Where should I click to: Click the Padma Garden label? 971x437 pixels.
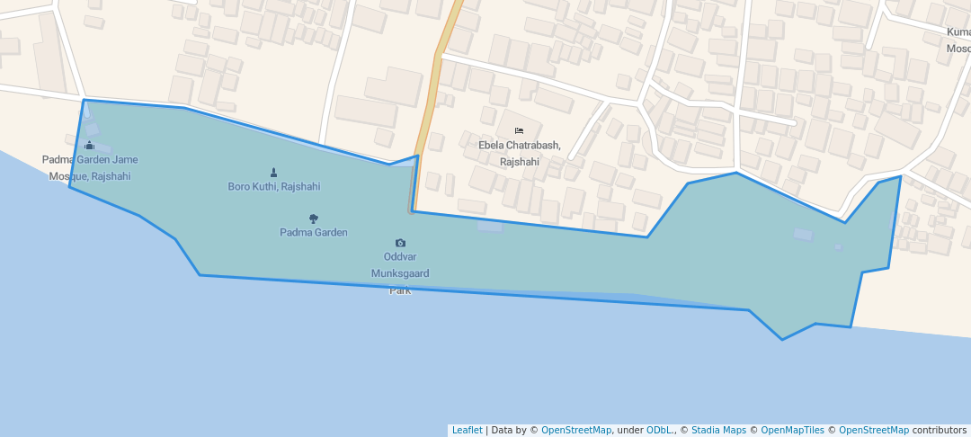[x=313, y=232]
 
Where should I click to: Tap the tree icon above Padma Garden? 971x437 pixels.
[x=313, y=218]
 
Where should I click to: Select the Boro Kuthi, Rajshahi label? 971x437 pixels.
[x=273, y=186]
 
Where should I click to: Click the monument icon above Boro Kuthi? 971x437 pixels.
[x=273, y=172]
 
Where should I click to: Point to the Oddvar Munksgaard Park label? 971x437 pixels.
[x=400, y=272]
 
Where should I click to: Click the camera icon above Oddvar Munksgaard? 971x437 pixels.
[x=400, y=243]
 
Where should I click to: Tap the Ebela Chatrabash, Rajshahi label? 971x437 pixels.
[x=519, y=153]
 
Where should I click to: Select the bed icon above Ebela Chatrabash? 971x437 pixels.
[x=519, y=131]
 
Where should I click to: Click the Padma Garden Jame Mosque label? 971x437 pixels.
[x=90, y=167]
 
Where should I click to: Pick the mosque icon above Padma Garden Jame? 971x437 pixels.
[x=89, y=146]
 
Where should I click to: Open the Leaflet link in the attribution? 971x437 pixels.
[x=467, y=430]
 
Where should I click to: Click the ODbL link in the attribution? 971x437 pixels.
[x=660, y=430]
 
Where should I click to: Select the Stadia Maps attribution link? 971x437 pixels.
[x=718, y=430]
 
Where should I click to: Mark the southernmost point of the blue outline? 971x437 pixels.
[x=782, y=340]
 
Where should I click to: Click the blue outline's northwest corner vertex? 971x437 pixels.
[x=85, y=100]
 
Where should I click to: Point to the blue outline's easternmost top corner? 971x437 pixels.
[x=900, y=176]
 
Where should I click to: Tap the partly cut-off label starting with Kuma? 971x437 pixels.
[x=958, y=40]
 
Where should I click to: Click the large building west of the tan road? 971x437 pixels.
[x=393, y=87]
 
